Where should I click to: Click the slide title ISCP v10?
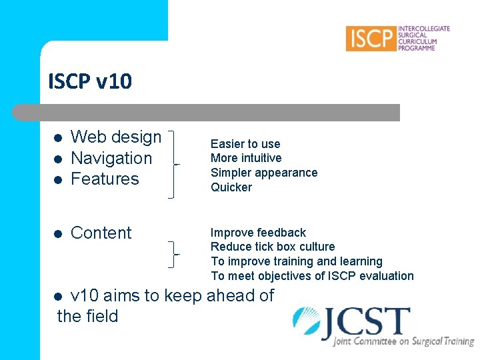coord(90,81)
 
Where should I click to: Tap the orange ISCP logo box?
coord(371,38)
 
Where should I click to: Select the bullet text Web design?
coord(116,137)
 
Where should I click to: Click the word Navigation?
coord(111,158)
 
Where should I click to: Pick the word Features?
coord(105,179)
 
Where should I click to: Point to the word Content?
coord(101,233)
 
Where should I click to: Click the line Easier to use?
coord(245,144)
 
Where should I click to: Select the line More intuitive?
coord(246,158)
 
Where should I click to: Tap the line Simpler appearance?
coord(264,173)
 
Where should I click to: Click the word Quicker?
coord(231,187)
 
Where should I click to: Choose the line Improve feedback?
coord(258,233)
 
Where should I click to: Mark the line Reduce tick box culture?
coord(273,247)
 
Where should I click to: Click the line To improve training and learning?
coord(297,261)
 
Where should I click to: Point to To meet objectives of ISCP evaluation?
coord(312,276)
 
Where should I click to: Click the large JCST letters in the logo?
coord(367,323)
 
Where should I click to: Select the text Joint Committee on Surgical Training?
coord(403,341)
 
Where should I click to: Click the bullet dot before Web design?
coord(58,138)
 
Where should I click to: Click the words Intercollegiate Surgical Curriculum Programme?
coord(423,38)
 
